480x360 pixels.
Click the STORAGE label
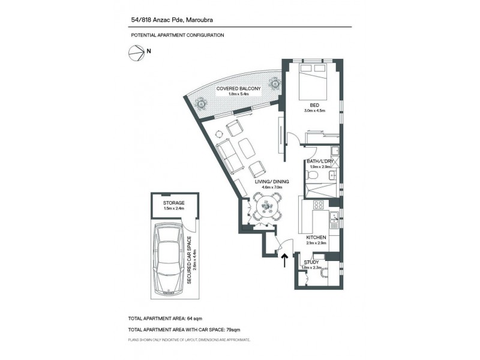[x=173, y=203]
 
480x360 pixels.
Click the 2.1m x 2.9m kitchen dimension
[x=316, y=244]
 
